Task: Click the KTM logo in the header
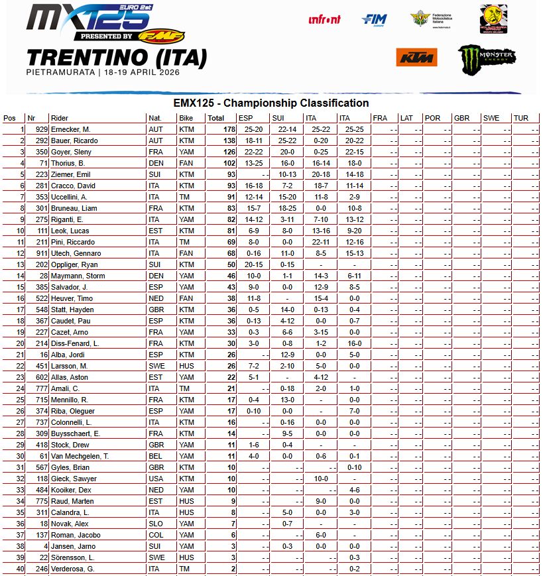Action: [x=416, y=58]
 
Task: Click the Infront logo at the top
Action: [x=325, y=19]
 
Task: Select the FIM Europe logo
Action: [x=375, y=20]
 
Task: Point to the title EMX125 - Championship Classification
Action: [x=271, y=103]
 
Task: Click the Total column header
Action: [x=215, y=118]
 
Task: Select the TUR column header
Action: [x=521, y=118]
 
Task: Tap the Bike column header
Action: [x=186, y=118]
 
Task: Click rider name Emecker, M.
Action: [x=71, y=129]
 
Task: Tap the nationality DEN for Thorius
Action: [x=155, y=163]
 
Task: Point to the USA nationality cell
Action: [x=155, y=479]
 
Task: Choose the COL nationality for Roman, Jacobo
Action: [x=155, y=535]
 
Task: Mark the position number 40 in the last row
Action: [x=20, y=569]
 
